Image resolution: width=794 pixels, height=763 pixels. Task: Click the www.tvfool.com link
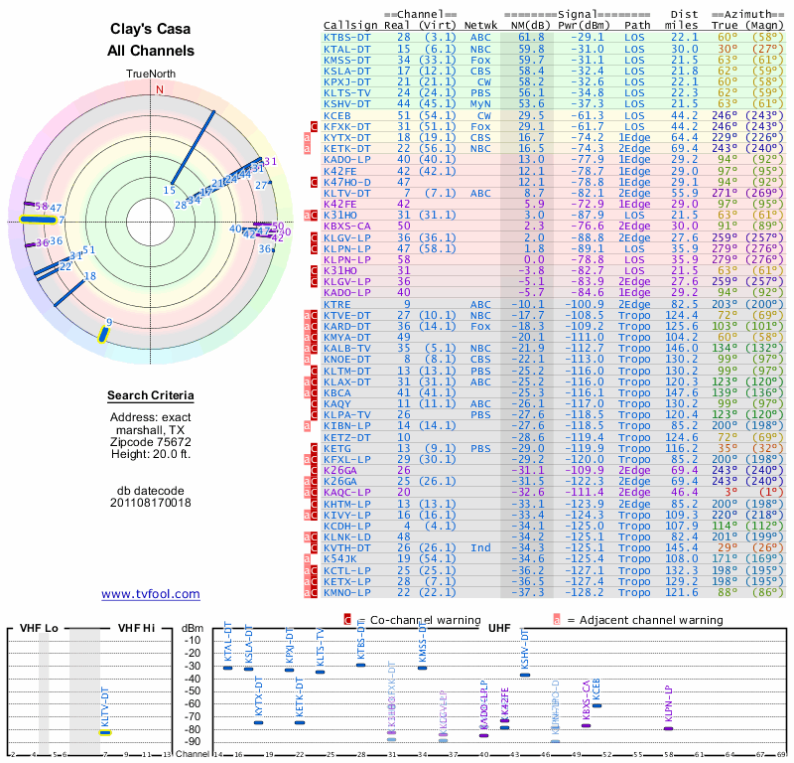151,594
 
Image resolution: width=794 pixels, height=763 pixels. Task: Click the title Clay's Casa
151,31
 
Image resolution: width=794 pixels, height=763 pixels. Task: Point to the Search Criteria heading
151,396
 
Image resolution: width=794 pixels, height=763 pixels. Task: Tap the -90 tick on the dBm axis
192,742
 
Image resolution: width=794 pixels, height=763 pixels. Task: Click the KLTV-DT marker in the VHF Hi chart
104,732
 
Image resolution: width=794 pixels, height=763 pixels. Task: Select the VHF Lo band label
37,628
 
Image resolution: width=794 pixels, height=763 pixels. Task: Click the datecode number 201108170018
151,503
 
